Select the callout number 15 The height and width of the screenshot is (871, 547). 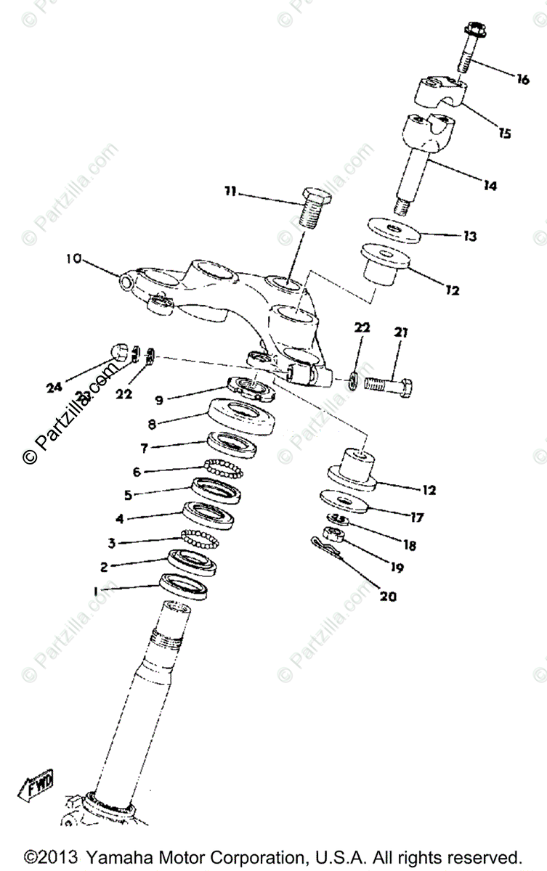[503, 133]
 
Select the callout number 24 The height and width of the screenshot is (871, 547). [54, 388]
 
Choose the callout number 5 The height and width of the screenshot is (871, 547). [129, 496]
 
